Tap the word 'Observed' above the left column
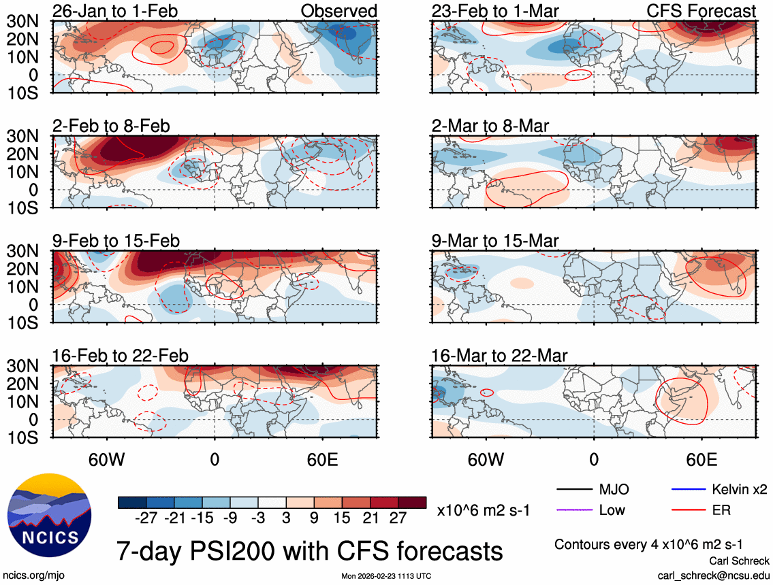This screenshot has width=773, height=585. tap(338, 11)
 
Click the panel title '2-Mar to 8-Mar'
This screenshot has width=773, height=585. tap(490, 126)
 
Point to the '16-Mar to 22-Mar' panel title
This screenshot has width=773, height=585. tap(499, 356)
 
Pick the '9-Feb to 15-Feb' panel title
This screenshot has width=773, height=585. tap(116, 241)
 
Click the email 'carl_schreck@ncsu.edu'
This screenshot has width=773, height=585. tap(713, 575)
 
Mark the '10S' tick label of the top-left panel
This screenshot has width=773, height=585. tap(22, 92)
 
